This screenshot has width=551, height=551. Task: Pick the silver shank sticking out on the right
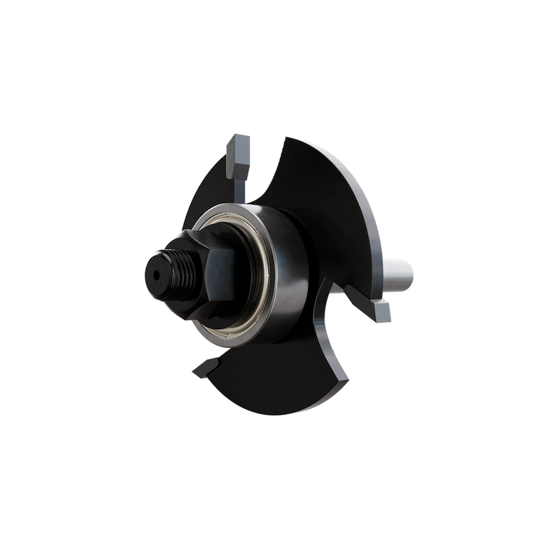coord(402,271)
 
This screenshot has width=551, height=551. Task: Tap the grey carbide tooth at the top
coord(239,153)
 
